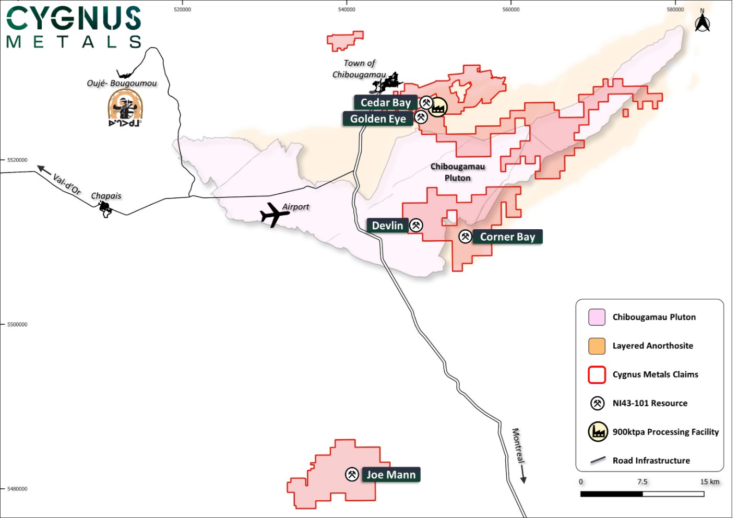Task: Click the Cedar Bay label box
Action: [385, 103]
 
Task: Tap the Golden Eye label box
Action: [378, 119]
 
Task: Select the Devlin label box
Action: [387, 226]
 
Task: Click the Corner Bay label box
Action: [507, 237]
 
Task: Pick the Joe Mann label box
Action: [391, 475]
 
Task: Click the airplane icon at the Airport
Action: [273, 214]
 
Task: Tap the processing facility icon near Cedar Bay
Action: [438, 107]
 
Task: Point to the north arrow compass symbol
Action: [702, 22]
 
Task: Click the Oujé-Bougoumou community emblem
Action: [125, 108]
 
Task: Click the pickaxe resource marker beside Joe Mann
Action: [352, 474]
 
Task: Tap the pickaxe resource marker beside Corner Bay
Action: [465, 237]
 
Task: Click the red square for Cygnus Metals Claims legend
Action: [597, 375]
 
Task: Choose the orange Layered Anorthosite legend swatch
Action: [597, 346]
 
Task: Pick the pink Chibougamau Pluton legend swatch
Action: [597, 317]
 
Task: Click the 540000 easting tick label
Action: [347, 9]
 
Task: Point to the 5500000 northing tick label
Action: [17, 324]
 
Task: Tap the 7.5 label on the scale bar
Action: [642, 482]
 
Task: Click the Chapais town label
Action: [106, 196]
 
